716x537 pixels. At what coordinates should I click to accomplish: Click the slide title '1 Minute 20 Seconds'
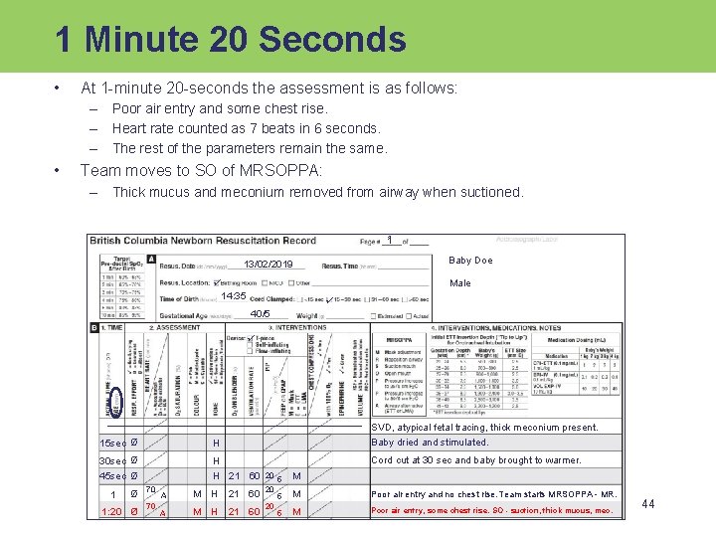pyautogui.click(x=231, y=39)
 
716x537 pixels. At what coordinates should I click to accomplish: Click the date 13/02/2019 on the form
pyautogui.click(x=268, y=265)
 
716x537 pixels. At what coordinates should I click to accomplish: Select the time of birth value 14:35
pyautogui.click(x=234, y=296)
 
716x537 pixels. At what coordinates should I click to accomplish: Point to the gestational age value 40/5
pyautogui.click(x=260, y=314)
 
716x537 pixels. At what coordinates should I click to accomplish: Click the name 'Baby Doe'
pyautogui.click(x=470, y=261)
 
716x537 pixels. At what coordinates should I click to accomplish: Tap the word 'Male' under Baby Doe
pyautogui.click(x=460, y=283)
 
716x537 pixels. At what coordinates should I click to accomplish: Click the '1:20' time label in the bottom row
pyautogui.click(x=112, y=511)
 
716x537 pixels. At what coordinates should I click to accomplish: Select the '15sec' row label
pyautogui.click(x=112, y=443)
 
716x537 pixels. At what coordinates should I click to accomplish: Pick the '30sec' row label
pyautogui.click(x=112, y=460)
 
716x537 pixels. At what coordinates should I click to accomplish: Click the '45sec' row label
pyautogui.click(x=112, y=476)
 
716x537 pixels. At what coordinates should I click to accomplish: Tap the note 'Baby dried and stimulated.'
pyautogui.click(x=430, y=443)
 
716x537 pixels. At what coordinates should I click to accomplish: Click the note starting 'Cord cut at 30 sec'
pyautogui.click(x=475, y=460)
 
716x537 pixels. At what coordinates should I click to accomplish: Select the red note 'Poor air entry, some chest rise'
pyautogui.click(x=491, y=511)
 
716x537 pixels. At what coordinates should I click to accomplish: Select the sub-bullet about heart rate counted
pyautogui.click(x=246, y=128)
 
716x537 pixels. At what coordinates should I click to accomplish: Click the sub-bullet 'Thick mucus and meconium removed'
pyautogui.click(x=317, y=192)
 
